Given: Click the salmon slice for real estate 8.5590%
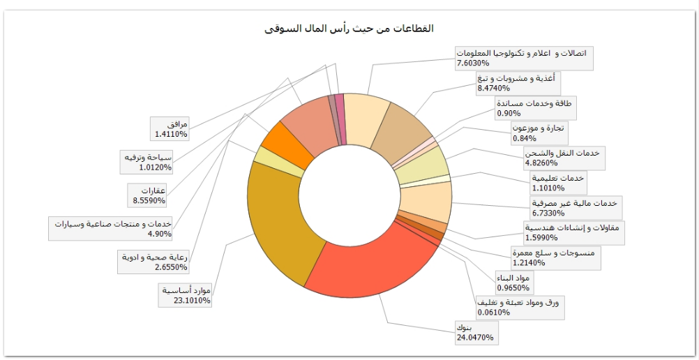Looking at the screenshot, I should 307,123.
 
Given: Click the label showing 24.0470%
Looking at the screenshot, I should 474,333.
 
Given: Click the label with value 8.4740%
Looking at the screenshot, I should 516,83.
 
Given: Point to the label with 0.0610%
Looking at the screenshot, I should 520,307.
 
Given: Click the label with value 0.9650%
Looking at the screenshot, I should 513,283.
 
